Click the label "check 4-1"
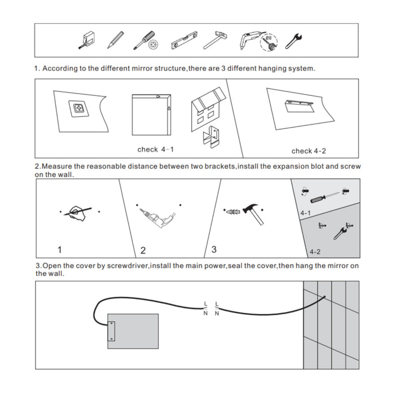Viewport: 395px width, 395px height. tap(156, 150)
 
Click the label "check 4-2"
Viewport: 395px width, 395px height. tap(309, 151)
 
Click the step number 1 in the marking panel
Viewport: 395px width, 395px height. tap(60, 249)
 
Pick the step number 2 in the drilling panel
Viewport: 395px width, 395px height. tap(143, 250)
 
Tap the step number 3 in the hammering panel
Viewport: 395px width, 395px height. tap(213, 249)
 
